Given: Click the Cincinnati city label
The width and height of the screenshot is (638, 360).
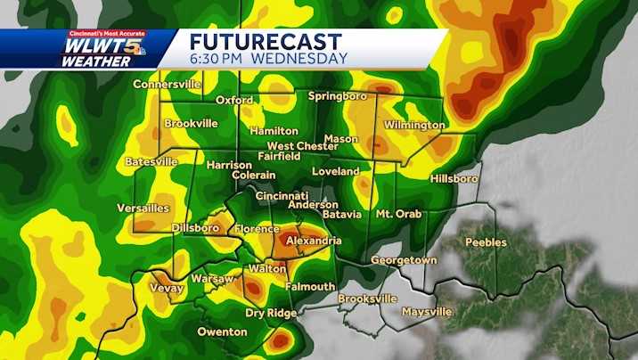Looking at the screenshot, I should point(281,195).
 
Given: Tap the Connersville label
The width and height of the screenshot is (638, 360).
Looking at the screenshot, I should point(168,85).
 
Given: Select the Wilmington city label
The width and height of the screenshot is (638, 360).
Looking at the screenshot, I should point(414,126).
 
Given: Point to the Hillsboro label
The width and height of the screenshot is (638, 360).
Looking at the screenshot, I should point(454,178).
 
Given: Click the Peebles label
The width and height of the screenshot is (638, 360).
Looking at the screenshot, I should point(486,242).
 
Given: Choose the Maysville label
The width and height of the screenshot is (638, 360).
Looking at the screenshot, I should point(427,312).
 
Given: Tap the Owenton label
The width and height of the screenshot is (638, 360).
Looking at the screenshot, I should point(221,331).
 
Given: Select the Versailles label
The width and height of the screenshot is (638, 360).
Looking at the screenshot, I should point(143,208).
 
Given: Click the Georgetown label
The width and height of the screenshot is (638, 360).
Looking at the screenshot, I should point(404,260).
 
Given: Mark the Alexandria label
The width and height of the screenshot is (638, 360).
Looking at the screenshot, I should point(313,241).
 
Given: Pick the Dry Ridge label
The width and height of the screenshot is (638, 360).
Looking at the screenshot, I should point(271,313).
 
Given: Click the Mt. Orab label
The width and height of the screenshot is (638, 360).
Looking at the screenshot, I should point(397,215).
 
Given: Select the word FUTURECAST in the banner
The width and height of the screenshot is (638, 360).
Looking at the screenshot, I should point(266,41).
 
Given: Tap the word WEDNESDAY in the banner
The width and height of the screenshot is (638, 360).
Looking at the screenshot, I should point(299,59).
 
